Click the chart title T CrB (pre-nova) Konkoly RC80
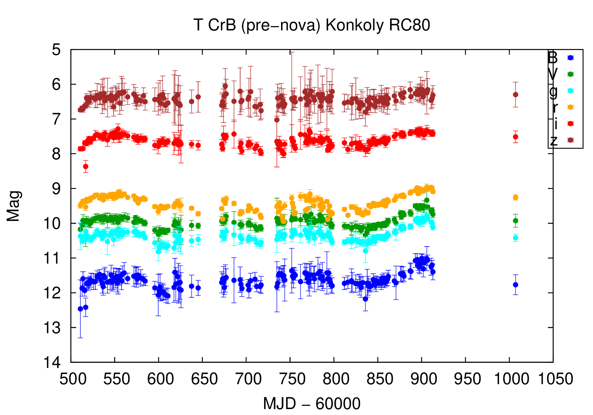312,25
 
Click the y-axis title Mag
13,206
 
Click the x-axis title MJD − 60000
312,404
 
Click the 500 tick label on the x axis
72,379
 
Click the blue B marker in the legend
570,58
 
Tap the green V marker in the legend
570,74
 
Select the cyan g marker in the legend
570,91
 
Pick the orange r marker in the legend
570,107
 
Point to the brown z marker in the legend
570,140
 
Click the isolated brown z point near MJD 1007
516,94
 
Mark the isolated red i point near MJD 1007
516,137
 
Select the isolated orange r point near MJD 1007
516,197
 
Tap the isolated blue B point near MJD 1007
516,285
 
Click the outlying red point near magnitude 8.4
85,166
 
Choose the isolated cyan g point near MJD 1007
516,238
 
